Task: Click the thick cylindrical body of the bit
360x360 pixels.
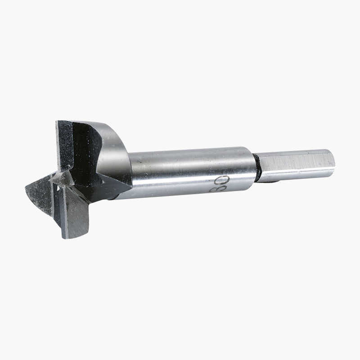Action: click(189, 173)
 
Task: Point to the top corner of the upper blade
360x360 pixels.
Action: click(58, 123)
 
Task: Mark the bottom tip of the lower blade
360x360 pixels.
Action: click(67, 237)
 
